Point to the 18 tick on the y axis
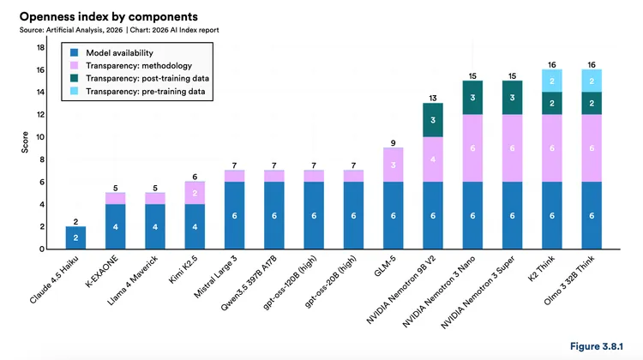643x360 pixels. click(x=40, y=47)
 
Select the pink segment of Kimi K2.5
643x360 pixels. click(x=195, y=193)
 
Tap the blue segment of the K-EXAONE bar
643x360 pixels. click(x=115, y=226)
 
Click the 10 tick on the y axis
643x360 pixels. click(x=40, y=137)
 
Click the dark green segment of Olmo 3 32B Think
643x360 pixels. click(x=592, y=103)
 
